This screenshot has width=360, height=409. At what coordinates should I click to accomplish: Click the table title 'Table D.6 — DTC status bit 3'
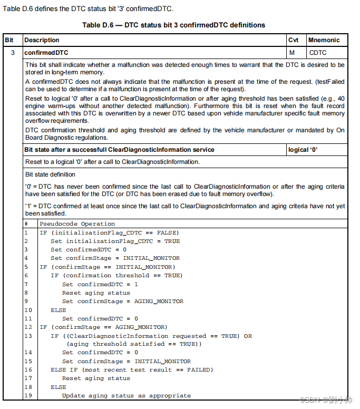coord(173,25)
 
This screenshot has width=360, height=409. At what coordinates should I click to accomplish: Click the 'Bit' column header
coord(9,40)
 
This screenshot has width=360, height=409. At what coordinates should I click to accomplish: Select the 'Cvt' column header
coord(294,40)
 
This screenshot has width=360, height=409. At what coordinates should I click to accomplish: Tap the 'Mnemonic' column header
coord(324,40)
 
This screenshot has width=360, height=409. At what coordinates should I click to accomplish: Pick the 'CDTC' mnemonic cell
coord(318,53)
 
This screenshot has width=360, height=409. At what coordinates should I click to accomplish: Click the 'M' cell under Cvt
coord(291,53)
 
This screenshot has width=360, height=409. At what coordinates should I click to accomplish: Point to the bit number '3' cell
coord(13,53)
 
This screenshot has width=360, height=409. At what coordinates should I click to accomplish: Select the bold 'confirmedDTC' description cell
coord(46,53)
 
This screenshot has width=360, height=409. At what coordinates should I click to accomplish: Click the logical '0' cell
coord(303,150)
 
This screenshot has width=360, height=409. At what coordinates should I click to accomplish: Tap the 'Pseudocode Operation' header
coord(70,224)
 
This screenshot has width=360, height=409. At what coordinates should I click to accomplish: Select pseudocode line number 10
coord(28,310)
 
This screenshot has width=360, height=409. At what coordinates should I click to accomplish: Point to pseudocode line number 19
coord(28,395)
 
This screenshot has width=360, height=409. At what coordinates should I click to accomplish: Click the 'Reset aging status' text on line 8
coord(96,293)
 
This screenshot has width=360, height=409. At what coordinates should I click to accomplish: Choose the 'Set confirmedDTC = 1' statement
coord(100,284)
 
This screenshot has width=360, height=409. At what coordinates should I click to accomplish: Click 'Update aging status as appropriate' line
coord(126,395)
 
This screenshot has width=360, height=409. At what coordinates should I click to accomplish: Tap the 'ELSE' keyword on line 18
coord(59,387)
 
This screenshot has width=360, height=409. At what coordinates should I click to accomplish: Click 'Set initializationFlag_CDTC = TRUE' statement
coord(115,241)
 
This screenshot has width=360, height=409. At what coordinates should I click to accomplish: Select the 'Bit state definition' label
coord(50,174)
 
